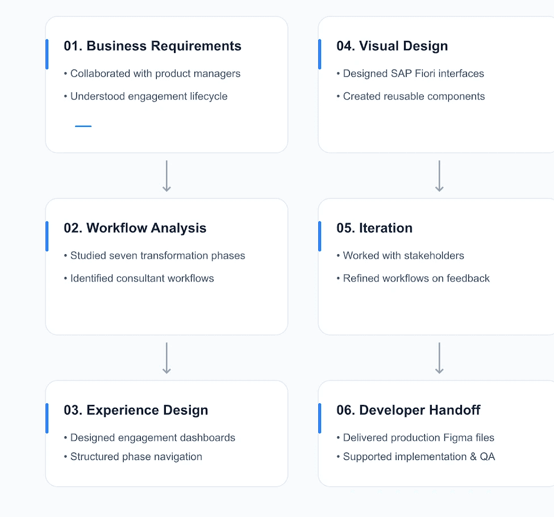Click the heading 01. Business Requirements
click(x=153, y=46)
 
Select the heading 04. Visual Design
click(x=392, y=46)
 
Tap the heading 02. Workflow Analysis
click(x=135, y=228)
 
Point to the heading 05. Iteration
click(x=374, y=228)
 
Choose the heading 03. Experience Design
click(x=136, y=410)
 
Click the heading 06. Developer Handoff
click(x=409, y=410)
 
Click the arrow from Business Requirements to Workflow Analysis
click(x=166, y=176)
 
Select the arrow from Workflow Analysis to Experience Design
click(x=166, y=358)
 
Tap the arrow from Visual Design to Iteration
click(x=439, y=176)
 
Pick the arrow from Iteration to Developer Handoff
click(x=439, y=358)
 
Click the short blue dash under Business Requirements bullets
click(x=84, y=126)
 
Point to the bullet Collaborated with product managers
click(x=152, y=73)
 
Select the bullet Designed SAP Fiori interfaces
click(x=410, y=73)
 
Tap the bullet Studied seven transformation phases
click(x=155, y=256)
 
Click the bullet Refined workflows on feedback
click(x=413, y=278)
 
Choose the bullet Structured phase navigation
click(x=133, y=457)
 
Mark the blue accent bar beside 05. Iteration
click(x=320, y=236)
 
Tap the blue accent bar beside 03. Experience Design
click(x=47, y=419)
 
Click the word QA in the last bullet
click(x=487, y=457)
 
